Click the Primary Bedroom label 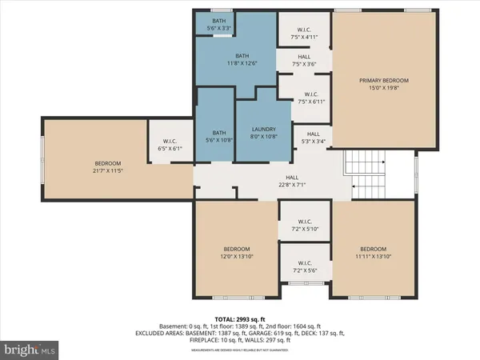tap(373, 81)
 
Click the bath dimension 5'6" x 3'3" tap(218, 28)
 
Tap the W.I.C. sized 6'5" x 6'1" tap(168, 145)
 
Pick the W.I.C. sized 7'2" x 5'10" tap(304, 225)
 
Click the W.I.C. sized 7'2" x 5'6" tap(304, 266)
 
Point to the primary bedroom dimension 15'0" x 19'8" tap(373, 87)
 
